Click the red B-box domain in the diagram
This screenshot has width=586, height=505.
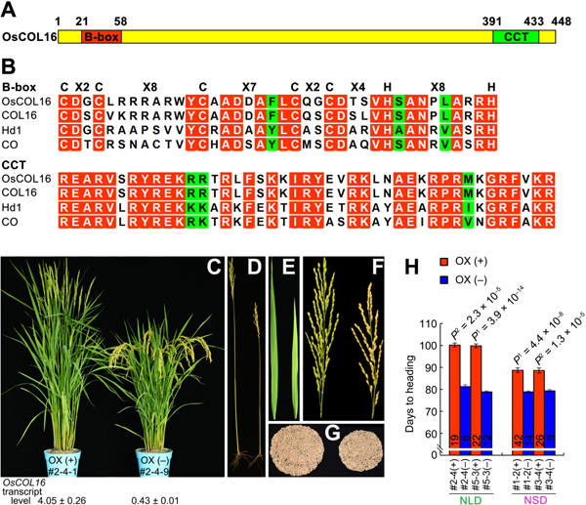click(98, 36)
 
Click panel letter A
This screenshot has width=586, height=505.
click(8, 10)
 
